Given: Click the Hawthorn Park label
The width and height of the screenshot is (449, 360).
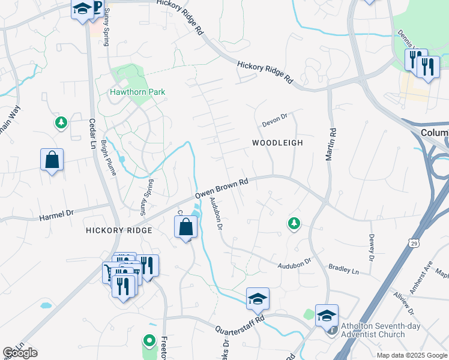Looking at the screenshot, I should (137, 92).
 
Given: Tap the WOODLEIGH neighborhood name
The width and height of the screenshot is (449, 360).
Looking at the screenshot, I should (277, 143).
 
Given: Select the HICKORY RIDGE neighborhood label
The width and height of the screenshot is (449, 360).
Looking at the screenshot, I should (119, 230).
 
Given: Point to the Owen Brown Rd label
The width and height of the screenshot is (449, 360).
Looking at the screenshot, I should (221, 188).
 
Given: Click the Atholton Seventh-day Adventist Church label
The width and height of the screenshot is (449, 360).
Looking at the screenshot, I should (381, 331).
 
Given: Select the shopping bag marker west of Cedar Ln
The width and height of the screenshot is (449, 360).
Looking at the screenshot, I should (52, 160).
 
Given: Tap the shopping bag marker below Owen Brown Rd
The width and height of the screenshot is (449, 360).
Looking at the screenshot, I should (186, 227).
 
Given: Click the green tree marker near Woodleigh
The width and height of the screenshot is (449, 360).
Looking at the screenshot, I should (294, 223).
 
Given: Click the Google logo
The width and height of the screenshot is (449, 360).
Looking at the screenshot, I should (20, 353).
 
